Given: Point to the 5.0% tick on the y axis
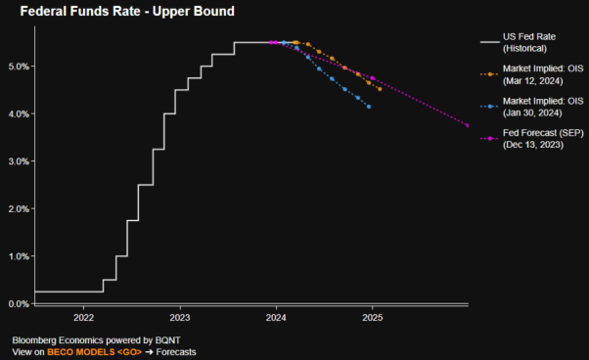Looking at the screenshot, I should (x=19, y=67).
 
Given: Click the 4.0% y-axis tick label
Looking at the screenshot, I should (x=19, y=113).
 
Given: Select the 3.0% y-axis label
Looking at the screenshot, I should (x=19, y=161).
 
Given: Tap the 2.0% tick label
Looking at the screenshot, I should (x=19, y=208).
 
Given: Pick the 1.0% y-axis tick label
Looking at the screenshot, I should (x=19, y=256).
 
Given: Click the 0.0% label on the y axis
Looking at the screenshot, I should (x=19, y=303).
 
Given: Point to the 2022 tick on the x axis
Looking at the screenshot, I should (x=83, y=318).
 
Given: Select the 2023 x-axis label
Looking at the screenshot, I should (x=179, y=318).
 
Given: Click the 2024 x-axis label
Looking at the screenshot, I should (x=276, y=318).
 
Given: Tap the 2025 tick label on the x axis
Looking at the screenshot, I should (x=372, y=318).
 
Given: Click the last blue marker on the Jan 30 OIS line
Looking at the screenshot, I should (x=369, y=107).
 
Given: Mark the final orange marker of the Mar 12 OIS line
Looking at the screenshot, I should (x=381, y=90).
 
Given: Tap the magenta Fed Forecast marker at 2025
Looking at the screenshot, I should (x=373, y=78).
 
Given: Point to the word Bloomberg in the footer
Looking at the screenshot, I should (x=36, y=339).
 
